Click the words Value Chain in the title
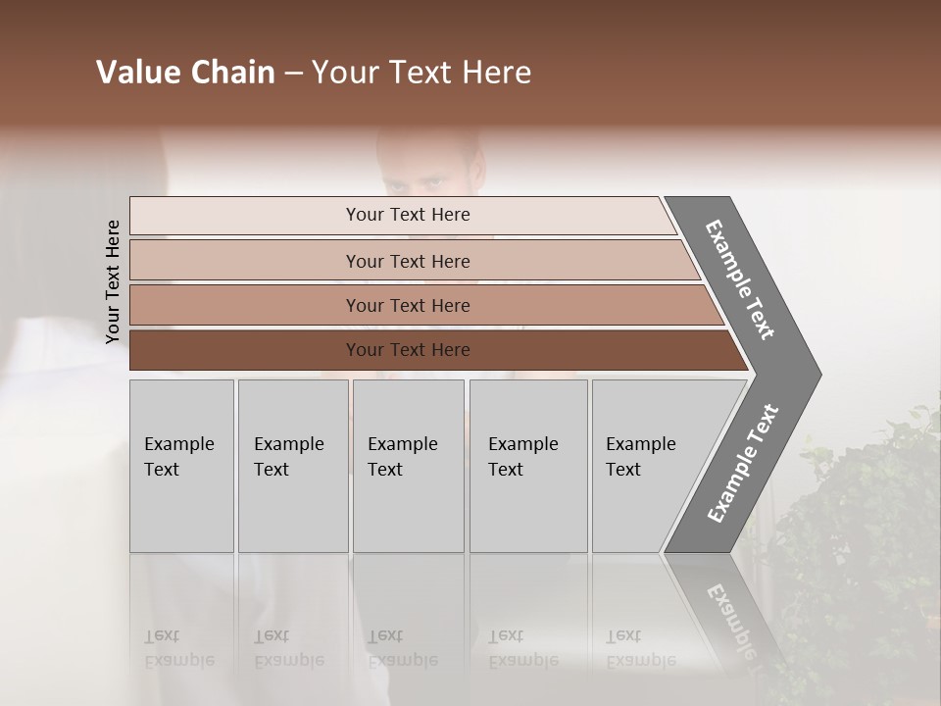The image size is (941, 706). click(x=185, y=73)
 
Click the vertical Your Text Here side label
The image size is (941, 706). click(x=113, y=281)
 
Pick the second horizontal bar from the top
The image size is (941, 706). click(x=408, y=261)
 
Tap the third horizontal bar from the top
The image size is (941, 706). click(x=408, y=305)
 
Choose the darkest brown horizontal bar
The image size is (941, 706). click(x=408, y=350)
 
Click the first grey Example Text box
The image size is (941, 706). click(x=181, y=466)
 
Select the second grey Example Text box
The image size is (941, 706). click(x=292, y=466)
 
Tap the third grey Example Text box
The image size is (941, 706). click(x=408, y=466)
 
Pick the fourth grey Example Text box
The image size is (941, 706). click(x=528, y=466)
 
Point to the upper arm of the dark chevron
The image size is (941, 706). click(x=740, y=279)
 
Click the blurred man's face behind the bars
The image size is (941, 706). click(x=431, y=167)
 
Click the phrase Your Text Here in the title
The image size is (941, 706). click(x=421, y=73)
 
